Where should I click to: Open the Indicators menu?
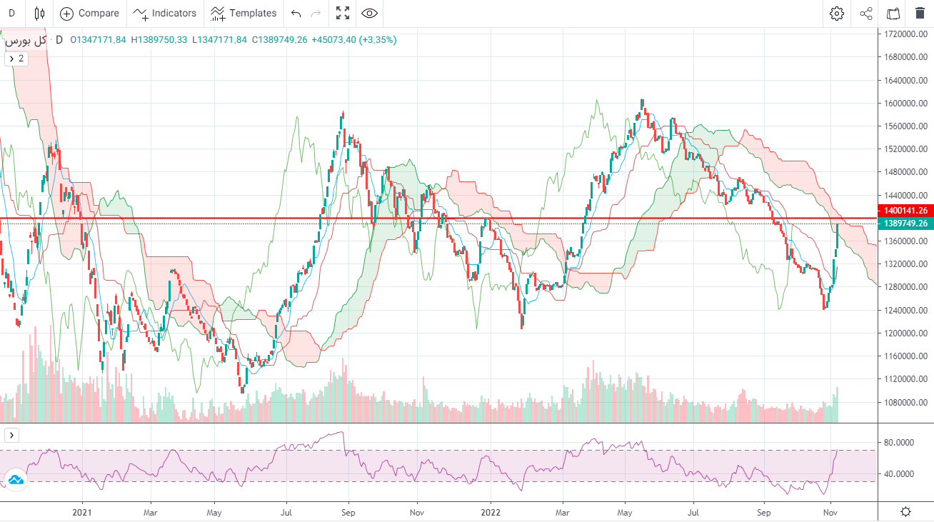click(165, 13)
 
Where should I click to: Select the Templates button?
click(243, 13)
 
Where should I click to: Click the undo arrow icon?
click(296, 13)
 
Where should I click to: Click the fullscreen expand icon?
click(343, 13)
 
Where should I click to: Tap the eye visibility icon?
click(369, 13)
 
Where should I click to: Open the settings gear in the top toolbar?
click(837, 13)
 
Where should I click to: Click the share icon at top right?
click(866, 13)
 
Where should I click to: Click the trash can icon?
click(920, 13)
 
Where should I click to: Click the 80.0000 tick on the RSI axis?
click(898, 443)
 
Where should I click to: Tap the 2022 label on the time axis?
click(491, 512)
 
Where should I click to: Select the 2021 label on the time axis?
click(83, 512)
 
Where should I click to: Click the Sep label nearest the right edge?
click(764, 512)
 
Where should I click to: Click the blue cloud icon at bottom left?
click(15, 480)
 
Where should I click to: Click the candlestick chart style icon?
click(39, 13)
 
